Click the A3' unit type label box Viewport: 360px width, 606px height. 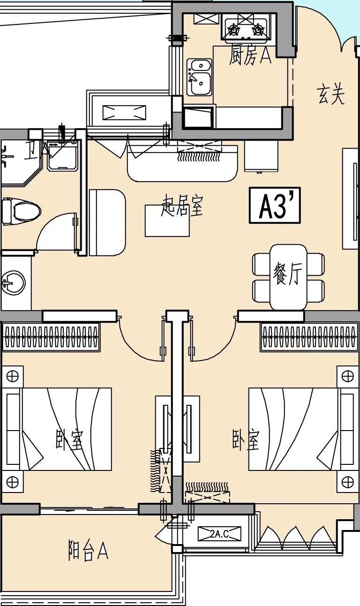[274, 206]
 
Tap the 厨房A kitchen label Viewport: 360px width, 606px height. [250, 56]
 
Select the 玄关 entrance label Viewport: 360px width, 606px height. [331, 95]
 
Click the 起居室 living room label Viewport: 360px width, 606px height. [182, 206]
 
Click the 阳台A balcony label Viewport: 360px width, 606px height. [88, 550]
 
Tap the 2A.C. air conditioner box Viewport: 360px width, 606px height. [219, 533]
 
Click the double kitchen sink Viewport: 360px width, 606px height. [200, 76]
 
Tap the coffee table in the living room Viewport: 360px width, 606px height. [167, 220]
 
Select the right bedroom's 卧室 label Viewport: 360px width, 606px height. [246, 439]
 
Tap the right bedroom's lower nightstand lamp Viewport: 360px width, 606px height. [347, 482]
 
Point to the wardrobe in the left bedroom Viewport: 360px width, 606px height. [51, 336]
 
